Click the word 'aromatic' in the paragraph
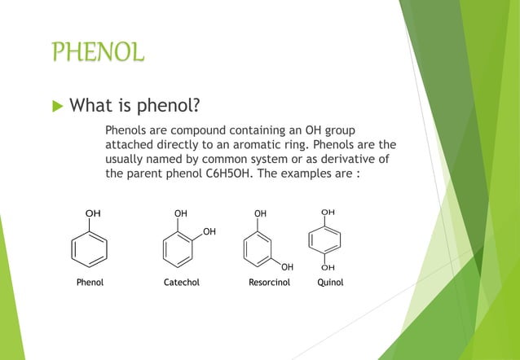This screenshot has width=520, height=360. coord(249,143)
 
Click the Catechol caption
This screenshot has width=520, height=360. coord(182,283)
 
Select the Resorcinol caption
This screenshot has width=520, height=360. coord(269,283)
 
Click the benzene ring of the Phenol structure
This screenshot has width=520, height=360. coord(90,246)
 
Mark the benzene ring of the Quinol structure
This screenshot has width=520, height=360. coord(326,239)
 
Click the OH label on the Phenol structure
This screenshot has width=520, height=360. coord(94,213)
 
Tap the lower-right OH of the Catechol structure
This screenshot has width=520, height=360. coord(209,232)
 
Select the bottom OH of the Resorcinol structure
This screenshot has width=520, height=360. coord(287,266)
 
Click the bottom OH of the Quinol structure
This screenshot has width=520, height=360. coord(328,266)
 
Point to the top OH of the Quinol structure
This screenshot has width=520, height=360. coord(328,212)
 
